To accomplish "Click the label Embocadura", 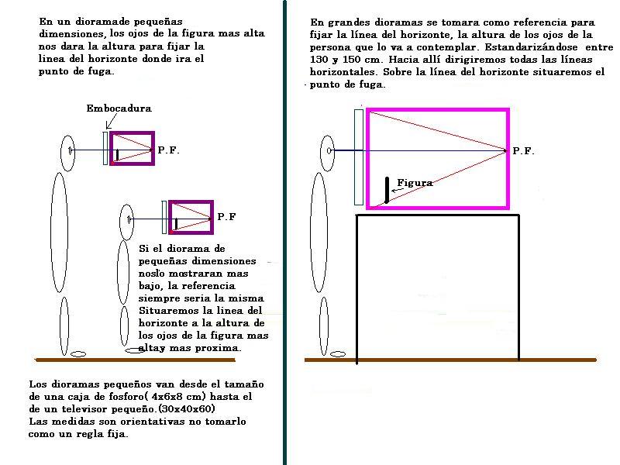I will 118,109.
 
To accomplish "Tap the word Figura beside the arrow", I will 415,183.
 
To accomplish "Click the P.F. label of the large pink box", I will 523,151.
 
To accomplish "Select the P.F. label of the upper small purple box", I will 168,150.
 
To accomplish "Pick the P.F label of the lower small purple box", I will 226,217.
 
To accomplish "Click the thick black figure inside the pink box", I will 386,190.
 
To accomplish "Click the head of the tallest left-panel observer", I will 68,151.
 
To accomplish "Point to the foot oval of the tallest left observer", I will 77,355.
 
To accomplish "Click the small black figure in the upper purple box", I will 117,154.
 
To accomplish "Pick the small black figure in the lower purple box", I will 176,223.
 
